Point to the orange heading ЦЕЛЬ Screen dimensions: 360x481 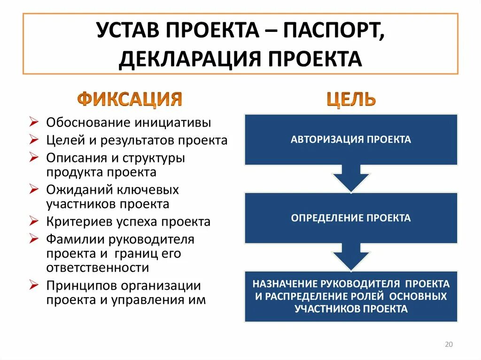(351, 99)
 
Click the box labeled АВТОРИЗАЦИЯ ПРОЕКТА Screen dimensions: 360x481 (351, 139)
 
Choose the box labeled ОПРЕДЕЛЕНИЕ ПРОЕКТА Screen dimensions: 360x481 (351, 218)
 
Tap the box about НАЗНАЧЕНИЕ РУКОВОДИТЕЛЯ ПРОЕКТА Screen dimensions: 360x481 (351, 296)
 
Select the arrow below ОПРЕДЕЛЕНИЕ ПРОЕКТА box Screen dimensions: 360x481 (351, 257)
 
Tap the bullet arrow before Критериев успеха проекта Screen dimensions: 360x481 (33, 221)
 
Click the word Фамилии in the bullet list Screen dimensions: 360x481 (71, 239)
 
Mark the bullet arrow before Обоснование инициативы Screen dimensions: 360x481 (33, 122)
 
